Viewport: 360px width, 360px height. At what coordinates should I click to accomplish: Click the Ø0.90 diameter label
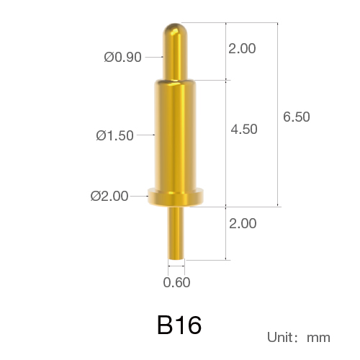pos(122,58)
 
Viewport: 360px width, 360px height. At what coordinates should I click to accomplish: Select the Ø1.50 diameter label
pos(114,135)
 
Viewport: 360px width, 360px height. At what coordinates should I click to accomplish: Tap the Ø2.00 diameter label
pos(109,196)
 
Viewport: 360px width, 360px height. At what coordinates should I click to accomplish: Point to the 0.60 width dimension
pos(176,282)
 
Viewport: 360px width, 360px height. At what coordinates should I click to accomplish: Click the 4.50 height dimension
pos(244,129)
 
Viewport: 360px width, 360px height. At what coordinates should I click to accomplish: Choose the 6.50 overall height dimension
pos(297,117)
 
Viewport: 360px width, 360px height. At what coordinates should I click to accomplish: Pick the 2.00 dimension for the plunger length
pos(242,48)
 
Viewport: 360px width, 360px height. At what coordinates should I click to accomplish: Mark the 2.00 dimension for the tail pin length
pos(243,223)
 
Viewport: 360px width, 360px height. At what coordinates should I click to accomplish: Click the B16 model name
pos(179,325)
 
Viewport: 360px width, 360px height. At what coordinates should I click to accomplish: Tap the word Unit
pos(280,337)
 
